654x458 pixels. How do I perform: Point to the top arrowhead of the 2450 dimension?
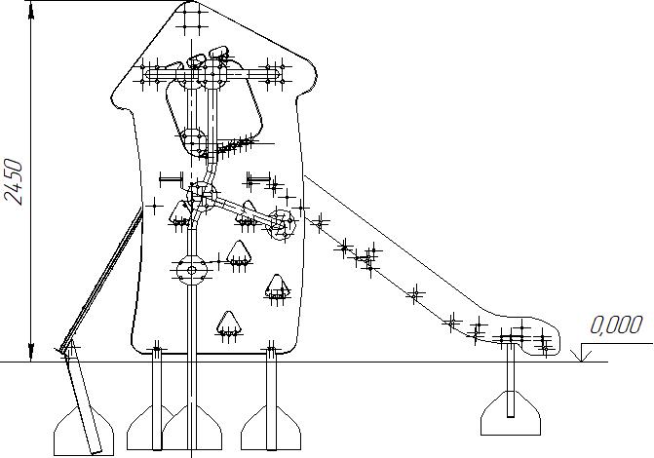pos(32,12)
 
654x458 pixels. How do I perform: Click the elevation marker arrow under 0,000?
pos(582,354)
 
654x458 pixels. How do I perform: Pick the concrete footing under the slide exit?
pos(511,414)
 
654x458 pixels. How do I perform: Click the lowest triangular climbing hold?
pos(228,325)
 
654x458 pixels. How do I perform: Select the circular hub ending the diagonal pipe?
pos(283,221)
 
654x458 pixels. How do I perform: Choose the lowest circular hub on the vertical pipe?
pos(190,269)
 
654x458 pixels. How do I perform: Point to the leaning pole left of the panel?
pos(102,278)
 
